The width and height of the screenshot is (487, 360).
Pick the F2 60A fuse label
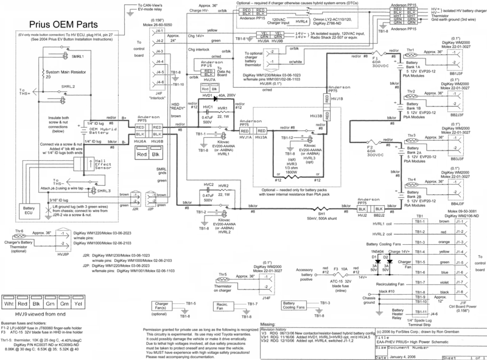pos(370,148)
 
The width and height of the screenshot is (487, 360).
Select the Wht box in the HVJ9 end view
pos(10,303)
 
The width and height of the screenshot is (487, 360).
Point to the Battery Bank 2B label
pos(419,196)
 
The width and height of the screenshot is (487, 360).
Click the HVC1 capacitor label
pos(208,107)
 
